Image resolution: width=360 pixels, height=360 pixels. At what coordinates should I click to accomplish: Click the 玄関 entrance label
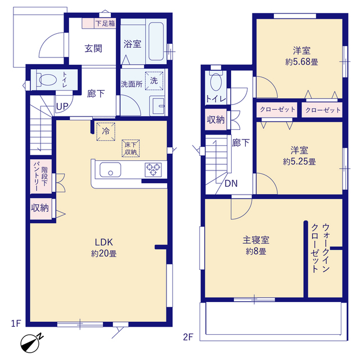click(x=93, y=49)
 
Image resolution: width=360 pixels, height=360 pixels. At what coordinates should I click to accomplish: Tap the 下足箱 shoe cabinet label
click(x=105, y=24)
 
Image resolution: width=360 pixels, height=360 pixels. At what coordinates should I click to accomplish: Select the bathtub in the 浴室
click(x=156, y=41)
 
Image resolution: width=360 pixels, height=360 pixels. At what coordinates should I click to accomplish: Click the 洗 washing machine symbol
click(x=154, y=81)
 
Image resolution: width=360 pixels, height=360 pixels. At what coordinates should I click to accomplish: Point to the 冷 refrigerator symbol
click(x=106, y=132)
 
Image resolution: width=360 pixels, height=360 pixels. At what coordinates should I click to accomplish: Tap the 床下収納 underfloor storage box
click(x=130, y=148)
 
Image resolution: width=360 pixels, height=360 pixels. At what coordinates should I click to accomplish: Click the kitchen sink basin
click(x=110, y=170)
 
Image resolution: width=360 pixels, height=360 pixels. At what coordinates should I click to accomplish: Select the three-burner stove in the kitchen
click(x=153, y=170)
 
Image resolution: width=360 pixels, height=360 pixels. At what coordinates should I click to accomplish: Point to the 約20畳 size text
click(x=103, y=254)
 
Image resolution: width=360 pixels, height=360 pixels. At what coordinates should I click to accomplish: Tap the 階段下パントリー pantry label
click(x=40, y=176)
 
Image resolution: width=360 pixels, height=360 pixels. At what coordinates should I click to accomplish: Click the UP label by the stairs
click(x=62, y=106)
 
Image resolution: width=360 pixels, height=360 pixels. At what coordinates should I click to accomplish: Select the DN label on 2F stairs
click(x=231, y=183)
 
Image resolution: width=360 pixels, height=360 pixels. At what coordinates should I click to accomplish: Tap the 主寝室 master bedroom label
click(x=256, y=240)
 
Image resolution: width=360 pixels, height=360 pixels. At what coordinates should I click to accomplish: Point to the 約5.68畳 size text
click(x=301, y=62)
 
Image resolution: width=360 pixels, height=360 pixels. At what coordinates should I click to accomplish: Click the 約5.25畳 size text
click(x=299, y=162)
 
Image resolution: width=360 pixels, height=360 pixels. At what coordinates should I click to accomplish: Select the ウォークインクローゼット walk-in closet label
click(x=321, y=248)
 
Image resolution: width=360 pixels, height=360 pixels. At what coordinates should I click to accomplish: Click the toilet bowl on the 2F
click(x=216, y=82)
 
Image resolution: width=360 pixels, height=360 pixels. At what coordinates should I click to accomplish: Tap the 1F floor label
click(x=16, y=323)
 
